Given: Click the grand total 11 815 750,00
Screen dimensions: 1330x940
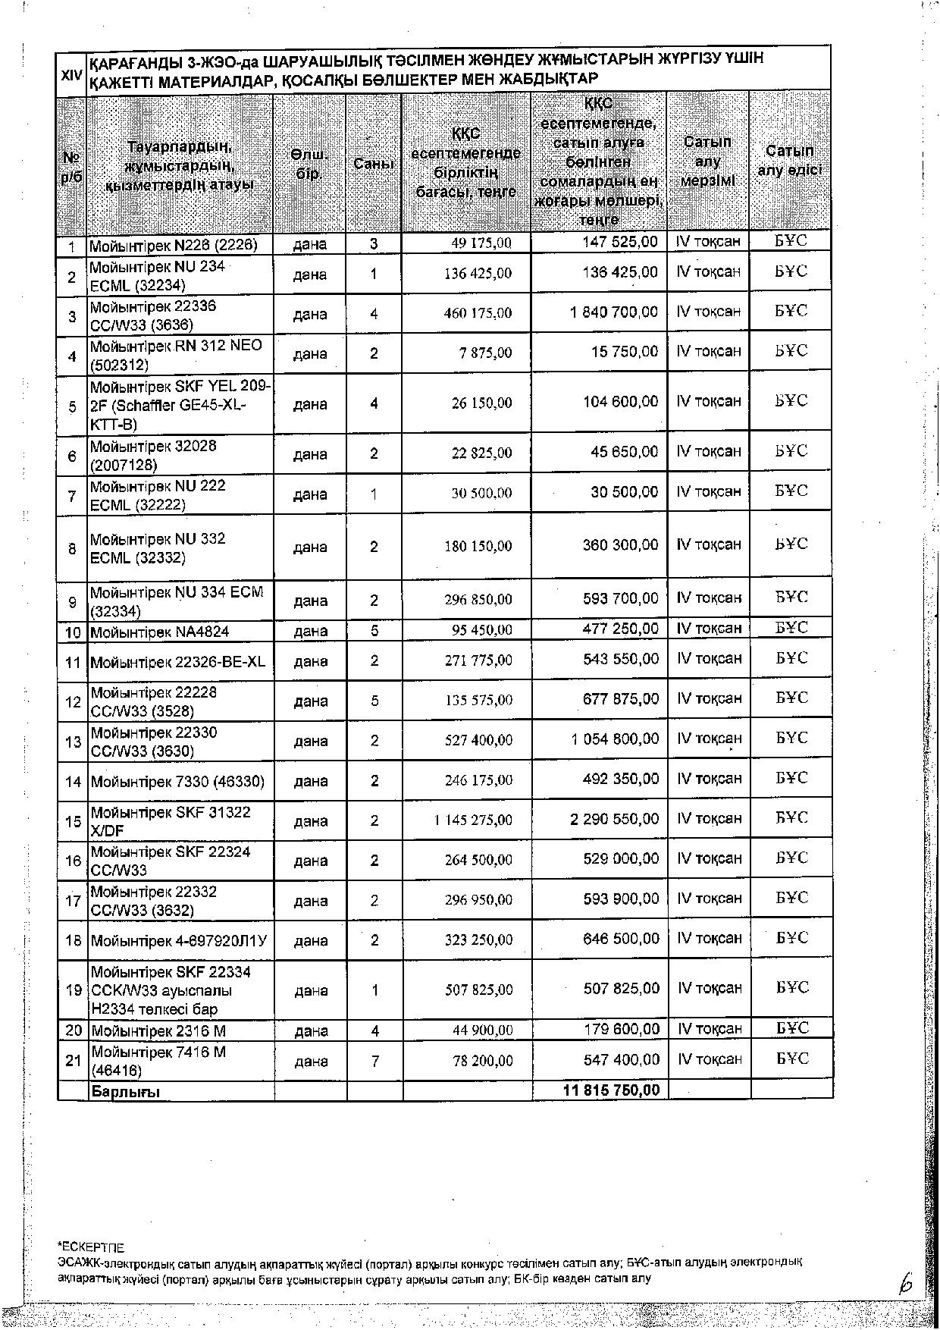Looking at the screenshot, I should click(x=611, y=1090).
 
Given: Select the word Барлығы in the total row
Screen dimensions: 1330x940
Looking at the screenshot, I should click(x=126, y=1092).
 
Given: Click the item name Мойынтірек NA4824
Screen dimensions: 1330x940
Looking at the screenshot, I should click(x=160, y=632).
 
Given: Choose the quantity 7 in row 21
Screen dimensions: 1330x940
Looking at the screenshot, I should click(x=374, y=1061).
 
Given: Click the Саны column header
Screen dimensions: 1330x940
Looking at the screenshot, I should click(x=374, y=163).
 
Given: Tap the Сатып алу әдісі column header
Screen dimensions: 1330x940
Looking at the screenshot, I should click(x=790, y=160).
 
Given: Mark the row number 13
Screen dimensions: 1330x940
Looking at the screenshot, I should click(x=73, y=741).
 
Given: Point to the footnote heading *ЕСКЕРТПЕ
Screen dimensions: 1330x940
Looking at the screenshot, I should click(x=91, y=1247).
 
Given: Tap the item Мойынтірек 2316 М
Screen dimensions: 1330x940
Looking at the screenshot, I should click(x=158, y=1030).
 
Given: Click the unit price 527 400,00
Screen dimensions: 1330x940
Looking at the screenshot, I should click(x=478, y=740).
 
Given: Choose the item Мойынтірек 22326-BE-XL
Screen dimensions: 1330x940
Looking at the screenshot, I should click(x=178, y=662).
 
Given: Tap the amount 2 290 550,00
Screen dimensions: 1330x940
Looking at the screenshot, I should click(x=614, y=819).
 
